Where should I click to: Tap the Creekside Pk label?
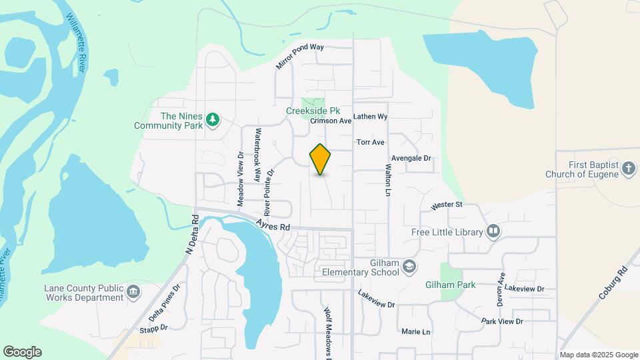(x=313, y=111)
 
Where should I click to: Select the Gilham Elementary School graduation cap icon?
(x=409, y=267)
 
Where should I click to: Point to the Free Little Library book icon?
(x=493, y=231)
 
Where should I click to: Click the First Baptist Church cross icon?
(x=628, y=169)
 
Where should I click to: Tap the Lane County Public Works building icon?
(x=133, y=292)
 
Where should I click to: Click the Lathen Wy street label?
(x=370, y=117)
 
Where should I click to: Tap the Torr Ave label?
(x=371, y=143)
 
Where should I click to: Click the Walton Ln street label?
(x=388, y=181)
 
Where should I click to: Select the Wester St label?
(x=446, y=205)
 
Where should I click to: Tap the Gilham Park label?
(x=451, y=285)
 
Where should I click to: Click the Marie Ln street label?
(x=416, y=331)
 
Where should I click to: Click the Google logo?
(x=22, y=352)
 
